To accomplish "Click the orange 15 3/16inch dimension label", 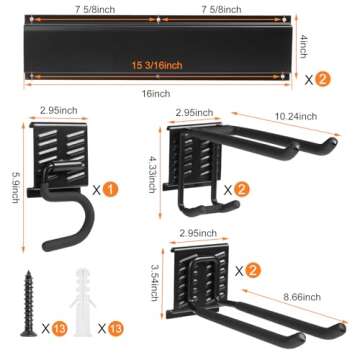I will click(159, 65).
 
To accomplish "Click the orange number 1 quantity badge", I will click(110, 186).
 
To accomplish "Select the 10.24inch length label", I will click(299, 116).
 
